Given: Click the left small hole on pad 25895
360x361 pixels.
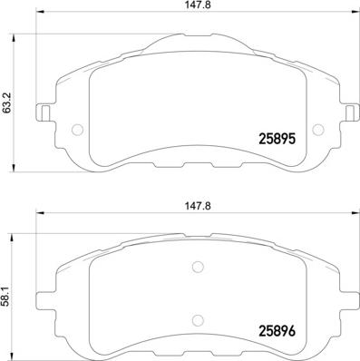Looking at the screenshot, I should [x=75, y=127].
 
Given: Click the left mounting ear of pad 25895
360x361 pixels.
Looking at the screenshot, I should [x=42, y=115].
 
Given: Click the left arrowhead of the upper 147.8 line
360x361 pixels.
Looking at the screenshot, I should [x=40, y=16].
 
